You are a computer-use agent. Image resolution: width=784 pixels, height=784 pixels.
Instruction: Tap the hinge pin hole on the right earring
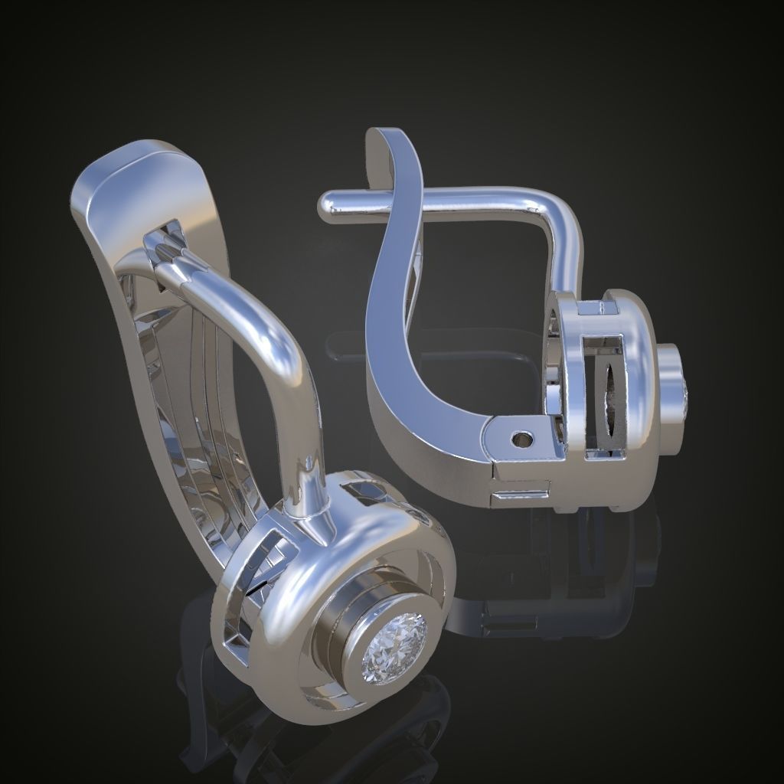523,439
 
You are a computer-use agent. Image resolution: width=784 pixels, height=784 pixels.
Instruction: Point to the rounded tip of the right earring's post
327,207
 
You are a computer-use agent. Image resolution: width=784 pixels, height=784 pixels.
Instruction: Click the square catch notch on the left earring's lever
170,231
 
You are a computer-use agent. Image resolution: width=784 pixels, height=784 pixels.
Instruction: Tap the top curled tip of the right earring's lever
378,142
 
